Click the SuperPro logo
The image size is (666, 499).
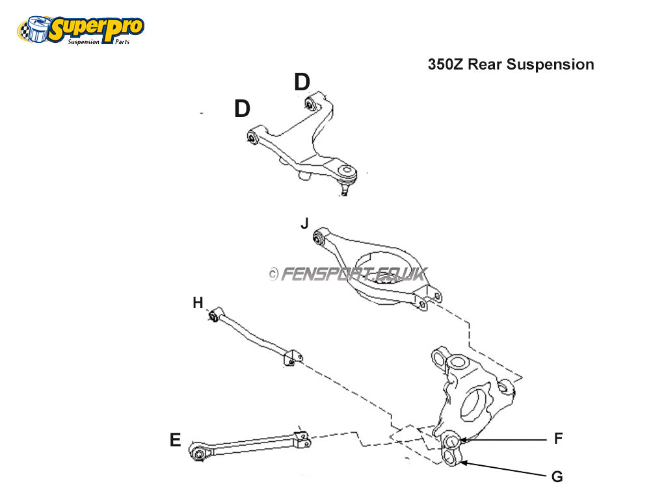(80, 30)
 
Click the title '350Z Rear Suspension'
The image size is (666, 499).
(511, 64)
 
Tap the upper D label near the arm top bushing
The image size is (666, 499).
(302, 83)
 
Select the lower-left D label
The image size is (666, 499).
(242, 109)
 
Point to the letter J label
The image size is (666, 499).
(304, 224)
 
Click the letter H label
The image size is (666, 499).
(198, 302)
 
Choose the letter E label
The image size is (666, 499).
(175, 441)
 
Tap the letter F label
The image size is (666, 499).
(558, 439)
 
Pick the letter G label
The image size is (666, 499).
(557, 476)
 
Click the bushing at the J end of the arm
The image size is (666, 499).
(319, 237)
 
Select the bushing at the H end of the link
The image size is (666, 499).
(213, 316)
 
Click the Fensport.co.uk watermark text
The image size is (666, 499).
(347, 274)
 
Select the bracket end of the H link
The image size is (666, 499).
(293, 357)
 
